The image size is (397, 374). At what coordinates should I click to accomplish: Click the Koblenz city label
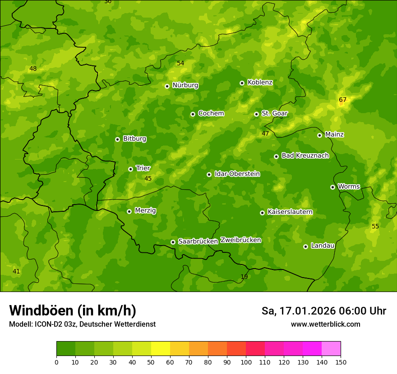pos(260,82)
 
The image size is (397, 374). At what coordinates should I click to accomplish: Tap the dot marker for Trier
pos(131,169)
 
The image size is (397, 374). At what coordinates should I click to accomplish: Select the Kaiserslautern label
pos(290,212)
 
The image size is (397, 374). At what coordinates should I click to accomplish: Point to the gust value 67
pos(343,100)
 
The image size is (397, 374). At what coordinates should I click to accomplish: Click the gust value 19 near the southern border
pos(244,277)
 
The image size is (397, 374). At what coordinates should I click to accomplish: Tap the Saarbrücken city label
pos(198,242)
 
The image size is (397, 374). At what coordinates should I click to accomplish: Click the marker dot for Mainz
pos(320,135)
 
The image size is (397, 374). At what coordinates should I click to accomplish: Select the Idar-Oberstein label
pos(237,174)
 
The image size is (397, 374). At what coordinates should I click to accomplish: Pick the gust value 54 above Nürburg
pos(180,63)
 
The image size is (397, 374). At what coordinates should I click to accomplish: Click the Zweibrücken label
pos(240,240)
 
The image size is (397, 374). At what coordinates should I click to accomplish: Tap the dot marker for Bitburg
pos(118,139)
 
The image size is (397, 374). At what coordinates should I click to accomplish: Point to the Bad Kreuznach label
pos(305,155)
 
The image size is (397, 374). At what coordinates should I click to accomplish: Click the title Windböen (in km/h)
pos(73,310)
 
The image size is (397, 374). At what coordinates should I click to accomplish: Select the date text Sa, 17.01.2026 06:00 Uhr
pos(323,311)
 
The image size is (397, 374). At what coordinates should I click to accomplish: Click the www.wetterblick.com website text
pos(325,324)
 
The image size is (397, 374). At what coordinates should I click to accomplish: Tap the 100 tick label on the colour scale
pos(246,362)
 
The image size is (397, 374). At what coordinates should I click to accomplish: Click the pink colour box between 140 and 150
pos(331,349)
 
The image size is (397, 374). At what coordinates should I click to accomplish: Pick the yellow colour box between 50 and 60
pos(161,349)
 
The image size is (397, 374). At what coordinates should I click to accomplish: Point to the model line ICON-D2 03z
pos(82,324)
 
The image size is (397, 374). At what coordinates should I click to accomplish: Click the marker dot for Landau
pos(306,246)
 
